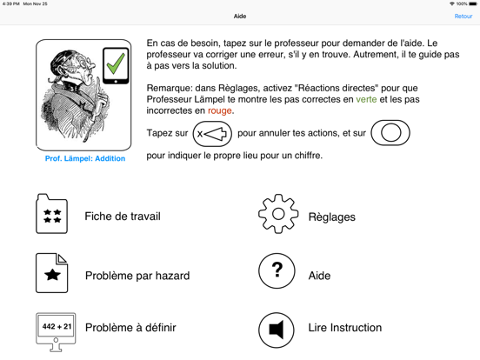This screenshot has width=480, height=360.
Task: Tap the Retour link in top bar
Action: click(x=463, y=17)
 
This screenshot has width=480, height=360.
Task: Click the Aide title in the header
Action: click(x=240, y=17)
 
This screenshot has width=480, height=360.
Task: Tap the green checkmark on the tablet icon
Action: click(x=115, y=64)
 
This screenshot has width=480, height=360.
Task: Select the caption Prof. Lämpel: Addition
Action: click(x=84, y=159)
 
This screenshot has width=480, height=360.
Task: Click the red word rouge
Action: click(x=220, y=111)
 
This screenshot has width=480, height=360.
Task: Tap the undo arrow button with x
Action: click(x=212, y=134)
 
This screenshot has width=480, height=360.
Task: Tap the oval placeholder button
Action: click(x=390, y=133)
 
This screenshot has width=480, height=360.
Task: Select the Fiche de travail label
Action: click(x=123, y=217)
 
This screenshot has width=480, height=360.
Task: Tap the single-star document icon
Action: click(x=52, y=274)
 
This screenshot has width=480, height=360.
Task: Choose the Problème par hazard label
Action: click(x=137, y=276)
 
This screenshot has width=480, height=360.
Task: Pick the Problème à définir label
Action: click(x=130, y=328)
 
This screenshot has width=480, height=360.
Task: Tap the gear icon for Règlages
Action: click(x=277, y=215)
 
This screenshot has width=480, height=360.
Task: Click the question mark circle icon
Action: click(x=277, y=272)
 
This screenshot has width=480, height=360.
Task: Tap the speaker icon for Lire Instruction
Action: click(x=277, y=330)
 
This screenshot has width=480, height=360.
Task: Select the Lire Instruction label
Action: click(x=344, y=328)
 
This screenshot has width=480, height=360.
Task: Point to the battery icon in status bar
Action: click(x=472, y=3)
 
